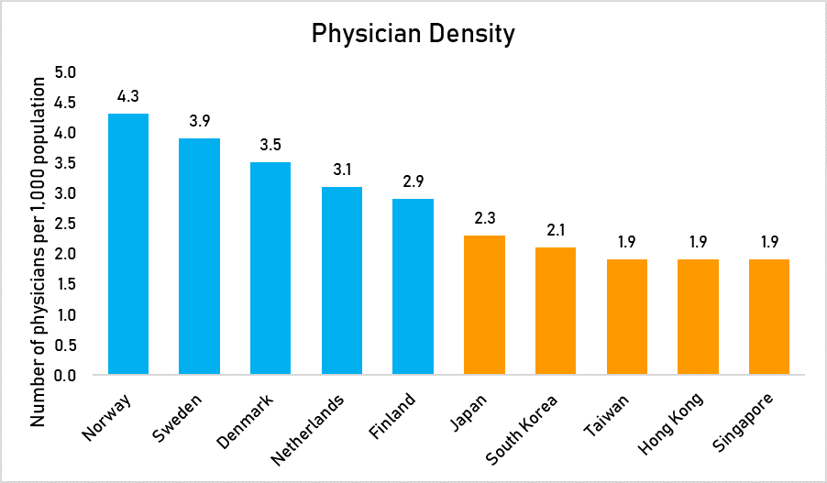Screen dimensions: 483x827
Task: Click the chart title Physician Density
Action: (413, 34)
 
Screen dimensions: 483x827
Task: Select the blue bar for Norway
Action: (128, 244)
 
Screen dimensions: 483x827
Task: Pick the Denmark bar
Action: (270, 268)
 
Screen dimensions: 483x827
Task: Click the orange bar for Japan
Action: (484, 304)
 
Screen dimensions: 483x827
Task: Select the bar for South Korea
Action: (556, 311)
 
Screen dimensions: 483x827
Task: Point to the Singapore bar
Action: (769, 316)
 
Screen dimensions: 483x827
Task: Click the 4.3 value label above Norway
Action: (128, 95)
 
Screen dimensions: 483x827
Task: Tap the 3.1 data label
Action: (342, 169)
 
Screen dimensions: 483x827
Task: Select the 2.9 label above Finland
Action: (413, 181)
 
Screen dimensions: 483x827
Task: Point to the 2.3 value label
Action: (484, 217)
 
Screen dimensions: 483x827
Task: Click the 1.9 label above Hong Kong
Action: (698, 241)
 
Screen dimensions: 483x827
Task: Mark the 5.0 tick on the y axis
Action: (68, 72)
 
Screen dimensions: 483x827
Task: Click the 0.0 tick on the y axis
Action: (68, 375)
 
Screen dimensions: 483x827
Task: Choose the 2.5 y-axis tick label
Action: (68, 224)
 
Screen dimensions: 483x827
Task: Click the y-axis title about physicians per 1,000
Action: (39, 250)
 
